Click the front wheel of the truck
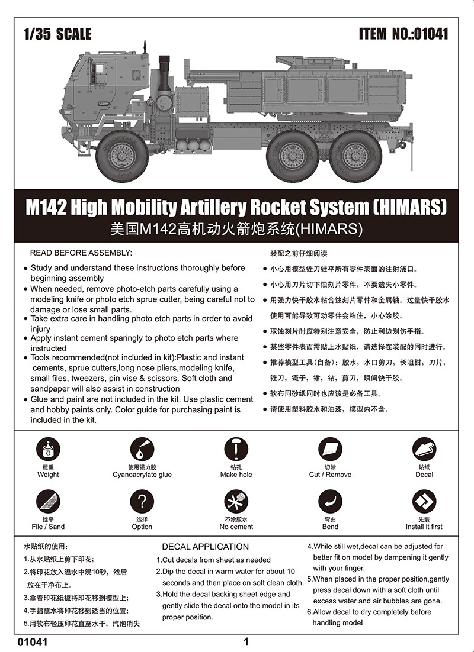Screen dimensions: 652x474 123,157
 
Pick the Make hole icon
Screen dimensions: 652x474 236,450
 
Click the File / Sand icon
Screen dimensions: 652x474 48,502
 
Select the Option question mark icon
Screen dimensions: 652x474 142,502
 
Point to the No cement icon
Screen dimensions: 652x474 236,502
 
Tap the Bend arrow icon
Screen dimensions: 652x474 330,502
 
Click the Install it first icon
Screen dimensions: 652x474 424,502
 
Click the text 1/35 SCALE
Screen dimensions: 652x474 57,34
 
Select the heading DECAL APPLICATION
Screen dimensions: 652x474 205,547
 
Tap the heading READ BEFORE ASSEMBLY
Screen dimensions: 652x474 81,253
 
